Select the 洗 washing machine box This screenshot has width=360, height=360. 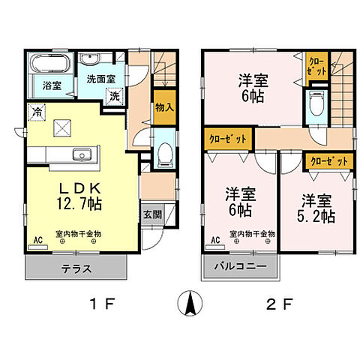click(x=115, y=97)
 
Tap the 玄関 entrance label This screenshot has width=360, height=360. click(x=151, y=212)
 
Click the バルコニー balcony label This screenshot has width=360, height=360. click(x=239, y=266)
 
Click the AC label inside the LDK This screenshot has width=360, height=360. click(x=37, y=241)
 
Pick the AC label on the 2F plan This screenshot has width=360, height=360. click(x=214, y=241)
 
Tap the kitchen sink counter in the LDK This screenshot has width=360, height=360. click(x=79, y=155)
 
